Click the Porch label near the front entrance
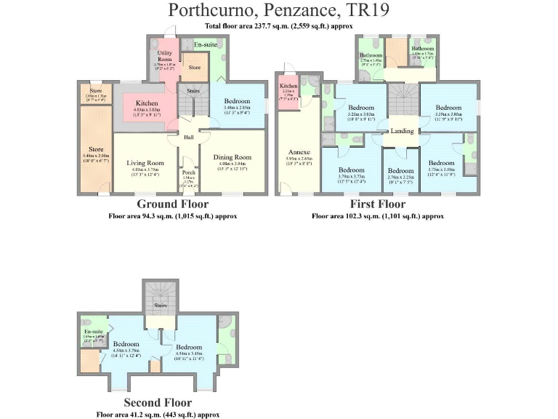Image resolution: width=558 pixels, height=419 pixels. pyautogui.click(x=188, y=172)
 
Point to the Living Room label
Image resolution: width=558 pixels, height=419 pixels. pyautogui.click(x=147, y=163)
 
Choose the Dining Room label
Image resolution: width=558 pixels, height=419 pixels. pyautogui.click(x=232, y=156)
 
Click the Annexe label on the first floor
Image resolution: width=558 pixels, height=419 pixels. pyautogui.click(x=298, y=153)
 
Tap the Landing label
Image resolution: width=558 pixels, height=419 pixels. pyautogui.click(x=402, y=131)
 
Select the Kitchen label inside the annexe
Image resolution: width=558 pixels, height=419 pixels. pyautogui.click(x=288, y=86)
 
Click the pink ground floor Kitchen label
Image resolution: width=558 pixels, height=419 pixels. pyautogui.click(x=147, y=103)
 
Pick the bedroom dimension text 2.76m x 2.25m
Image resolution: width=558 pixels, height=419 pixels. pyautogui.click(x=400, y=177)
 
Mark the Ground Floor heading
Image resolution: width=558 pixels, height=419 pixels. pyautogui.click(x=172, y=204)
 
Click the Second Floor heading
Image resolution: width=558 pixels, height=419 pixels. pyautogui.click(x=158, y=402)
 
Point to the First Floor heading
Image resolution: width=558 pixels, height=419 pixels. pyautogui.click(x=377, y=204)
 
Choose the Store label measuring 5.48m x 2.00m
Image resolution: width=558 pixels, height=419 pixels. pyautogui.click(x=94, y=152)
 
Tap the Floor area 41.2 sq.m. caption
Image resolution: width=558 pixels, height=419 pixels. pyautogui.click(x=158, y=414)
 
